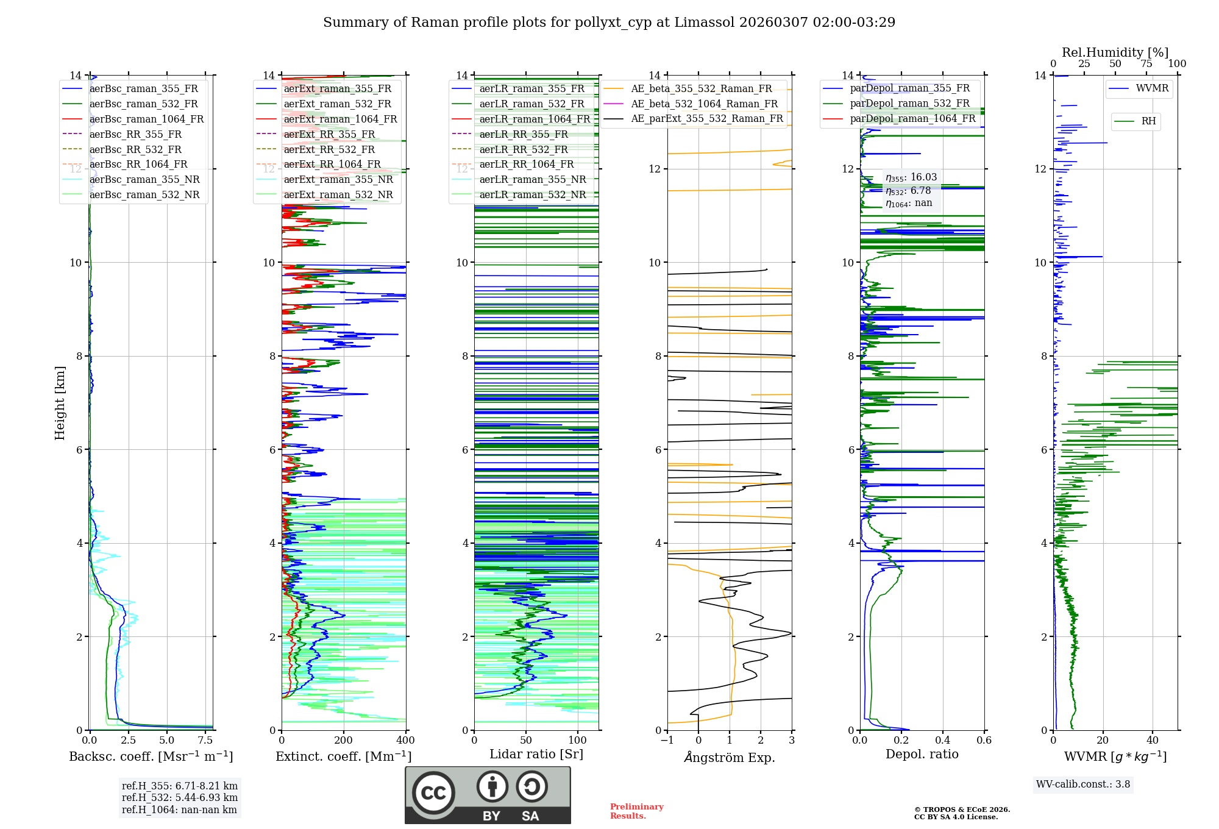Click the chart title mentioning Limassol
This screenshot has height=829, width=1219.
[x=609, y=23]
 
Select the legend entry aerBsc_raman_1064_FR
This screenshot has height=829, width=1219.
[x=146, y=119]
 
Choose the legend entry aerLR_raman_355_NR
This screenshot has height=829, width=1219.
[x=532, y=179]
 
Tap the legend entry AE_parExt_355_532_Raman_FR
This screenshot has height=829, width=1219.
[x=706, y=118]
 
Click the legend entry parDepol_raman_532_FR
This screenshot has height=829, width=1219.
[x=909, y=104]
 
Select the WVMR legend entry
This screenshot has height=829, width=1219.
[x=1152, y=88]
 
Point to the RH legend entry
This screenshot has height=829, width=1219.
[x=1148, y=121]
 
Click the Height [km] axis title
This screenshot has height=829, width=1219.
[x=60, y=402]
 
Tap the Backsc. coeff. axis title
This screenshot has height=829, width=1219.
[x=151, y=756]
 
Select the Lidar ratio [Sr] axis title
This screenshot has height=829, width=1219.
[x=536, y=754]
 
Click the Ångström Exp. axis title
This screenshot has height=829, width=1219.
[x=730, y=757]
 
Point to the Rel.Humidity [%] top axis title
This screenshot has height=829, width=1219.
[x=1115, y=52]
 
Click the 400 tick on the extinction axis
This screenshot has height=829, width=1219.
[x=405, y=741]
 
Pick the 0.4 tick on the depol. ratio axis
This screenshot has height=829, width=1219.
[x=942, y=741]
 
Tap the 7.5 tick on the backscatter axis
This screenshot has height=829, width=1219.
[x=205, y=741]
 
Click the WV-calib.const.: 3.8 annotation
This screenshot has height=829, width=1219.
[x=1083, y=785]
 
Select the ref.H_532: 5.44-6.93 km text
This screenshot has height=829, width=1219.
[x=180, y=797]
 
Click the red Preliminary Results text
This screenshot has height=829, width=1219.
[x=636, y=811]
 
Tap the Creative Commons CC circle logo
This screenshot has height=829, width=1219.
[x=433, y=793]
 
